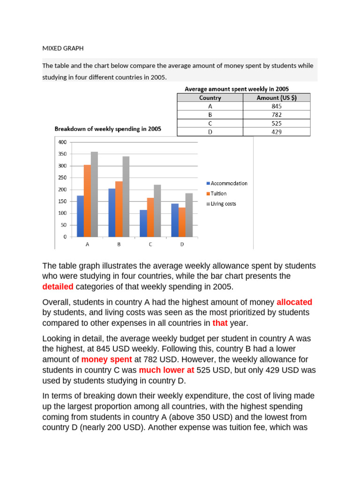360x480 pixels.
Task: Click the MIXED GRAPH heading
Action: pyautogui.click(x=62, y=48)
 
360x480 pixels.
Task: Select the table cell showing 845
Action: pyautogui.click(x=276, y=106)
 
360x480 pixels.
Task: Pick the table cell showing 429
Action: pyautogui.click(x=276, y=132)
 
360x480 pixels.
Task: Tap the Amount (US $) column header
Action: pyautogui.click(x=276, y=98)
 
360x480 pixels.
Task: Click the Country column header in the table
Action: pyautogui.click(x=210, y=98)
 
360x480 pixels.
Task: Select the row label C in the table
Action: pyautogui.click(x=210, y=123)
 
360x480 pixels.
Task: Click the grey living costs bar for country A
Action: pyautogui.click(x=94, y=194)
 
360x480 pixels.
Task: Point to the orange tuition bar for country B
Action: pyautogui.click(x=119, y=209)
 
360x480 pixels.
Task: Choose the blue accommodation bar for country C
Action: pyautogui.click(x=143, y=223)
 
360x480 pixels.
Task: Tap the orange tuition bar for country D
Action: pyautogui.click(x=181, y=222)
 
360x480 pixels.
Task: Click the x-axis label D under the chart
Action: pyautogui.click(x=181, y=244)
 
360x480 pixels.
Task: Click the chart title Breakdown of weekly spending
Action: pyautogui.click(x=108, y=129)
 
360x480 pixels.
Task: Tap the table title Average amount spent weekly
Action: pyautogui.click(x=237, y=89)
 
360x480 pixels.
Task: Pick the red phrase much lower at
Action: pyautogui.click(x=166, y=370)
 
